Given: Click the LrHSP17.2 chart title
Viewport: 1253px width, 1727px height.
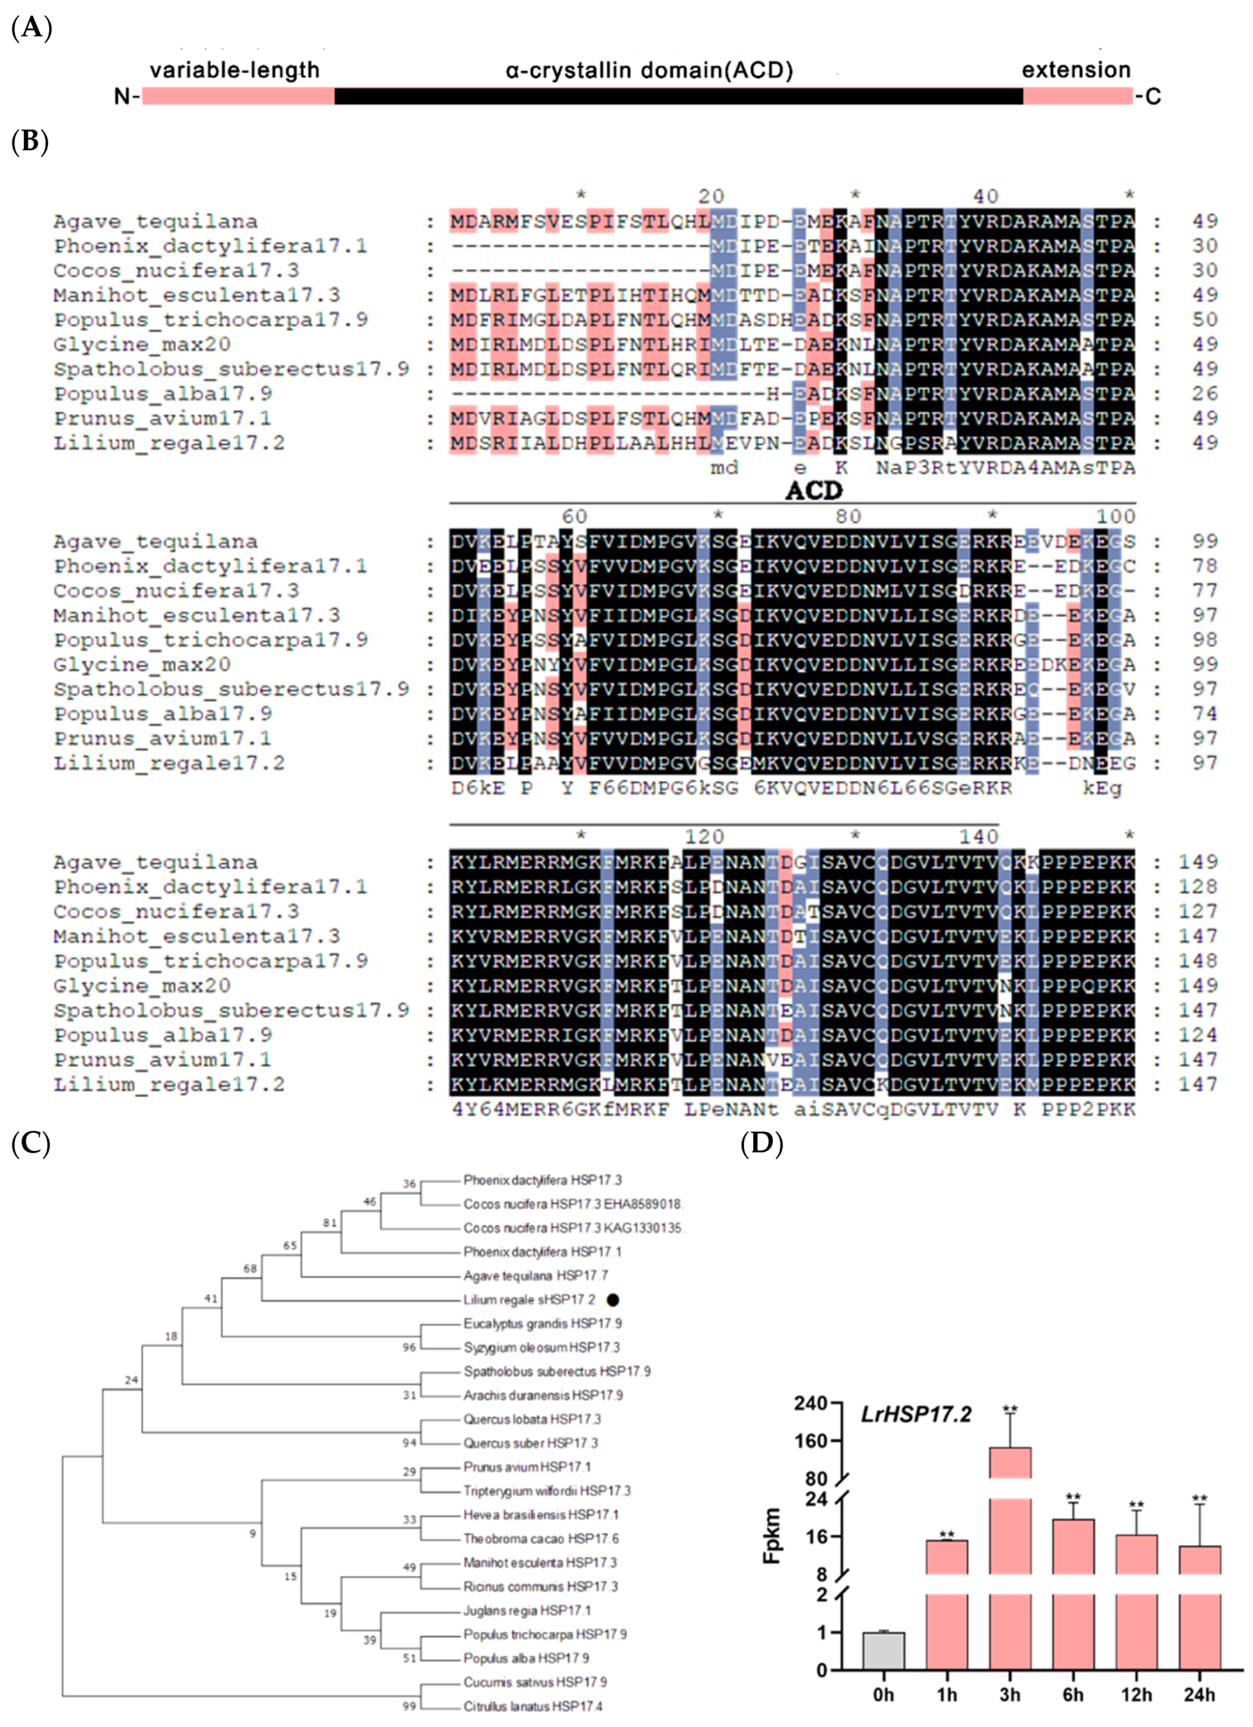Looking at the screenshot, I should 916,1415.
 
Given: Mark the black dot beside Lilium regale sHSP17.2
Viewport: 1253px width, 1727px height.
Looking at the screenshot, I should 613,1300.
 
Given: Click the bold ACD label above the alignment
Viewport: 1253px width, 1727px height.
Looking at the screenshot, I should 813,491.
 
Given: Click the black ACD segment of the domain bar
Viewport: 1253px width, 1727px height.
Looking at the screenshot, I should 677,96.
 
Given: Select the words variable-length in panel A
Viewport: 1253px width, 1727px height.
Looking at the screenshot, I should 234,70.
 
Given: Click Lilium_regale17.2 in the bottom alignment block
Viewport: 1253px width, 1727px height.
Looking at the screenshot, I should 169,1084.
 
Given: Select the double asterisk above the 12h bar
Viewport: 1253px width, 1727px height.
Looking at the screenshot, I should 1136,1505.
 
